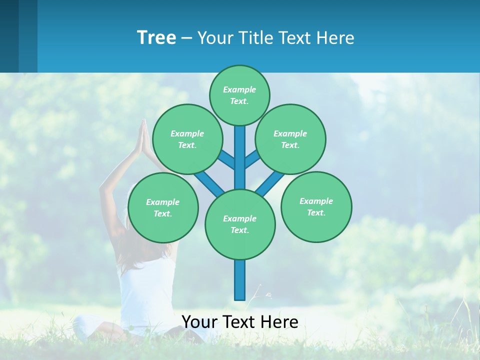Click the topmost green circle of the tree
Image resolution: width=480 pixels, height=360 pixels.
(239, 95)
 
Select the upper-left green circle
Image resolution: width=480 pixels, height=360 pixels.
(187, 139)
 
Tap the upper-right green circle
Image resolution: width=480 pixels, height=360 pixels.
(290, 139)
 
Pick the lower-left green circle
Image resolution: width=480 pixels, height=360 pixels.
(163, 207)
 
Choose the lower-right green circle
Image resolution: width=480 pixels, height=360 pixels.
(316, 206)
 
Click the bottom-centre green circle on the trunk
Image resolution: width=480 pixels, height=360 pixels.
(240, 224)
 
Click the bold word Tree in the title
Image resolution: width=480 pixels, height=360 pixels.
(156, 37)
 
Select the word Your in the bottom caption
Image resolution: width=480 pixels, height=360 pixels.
(199, 322)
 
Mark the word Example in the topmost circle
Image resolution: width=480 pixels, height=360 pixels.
(239, 89)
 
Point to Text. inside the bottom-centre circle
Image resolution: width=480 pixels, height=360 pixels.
(240, 230)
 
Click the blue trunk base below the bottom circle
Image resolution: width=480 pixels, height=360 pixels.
(240, 280)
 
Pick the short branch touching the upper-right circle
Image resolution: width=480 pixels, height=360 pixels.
(252, 159)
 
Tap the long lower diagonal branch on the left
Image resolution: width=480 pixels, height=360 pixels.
(209, 182)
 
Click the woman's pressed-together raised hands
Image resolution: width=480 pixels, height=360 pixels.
(143, 137)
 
